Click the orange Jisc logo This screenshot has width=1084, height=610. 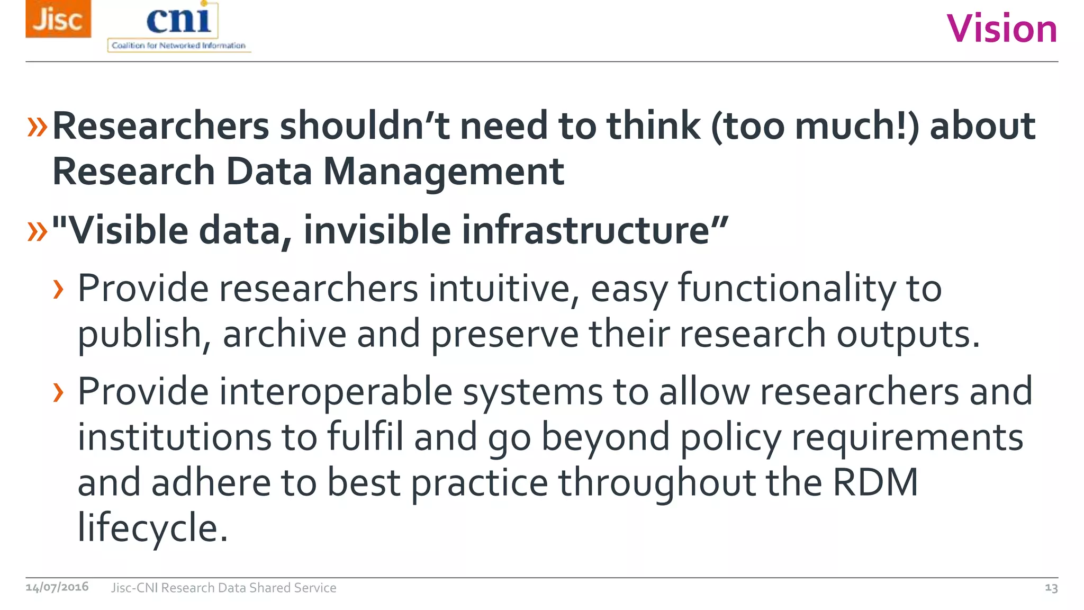coord(58,19)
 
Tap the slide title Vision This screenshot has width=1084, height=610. coord(1001,29)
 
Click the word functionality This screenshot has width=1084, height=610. coord(787,289)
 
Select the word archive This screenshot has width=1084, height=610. coord(284,334)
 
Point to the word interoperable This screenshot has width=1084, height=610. coord(336,392)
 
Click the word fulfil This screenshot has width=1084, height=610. coord(365,437)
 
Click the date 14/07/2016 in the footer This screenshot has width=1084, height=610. coord(57,587)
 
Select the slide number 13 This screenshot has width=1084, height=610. coord(1051,588)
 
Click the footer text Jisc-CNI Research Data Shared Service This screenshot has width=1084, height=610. coord(223,588)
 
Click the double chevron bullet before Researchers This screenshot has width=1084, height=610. coord(37,127)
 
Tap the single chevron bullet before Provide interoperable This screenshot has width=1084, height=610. coord(58,392)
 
